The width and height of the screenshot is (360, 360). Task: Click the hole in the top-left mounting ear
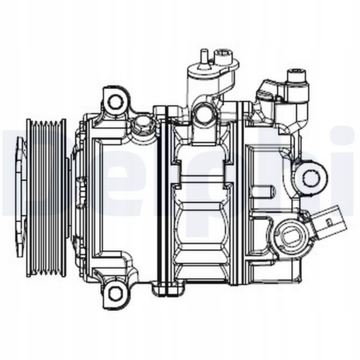tap(114, 100)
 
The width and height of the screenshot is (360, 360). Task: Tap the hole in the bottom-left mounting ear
tap(115, 294)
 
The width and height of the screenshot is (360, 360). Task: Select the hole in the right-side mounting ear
tap(311, 178)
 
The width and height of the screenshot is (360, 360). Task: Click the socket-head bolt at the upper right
tap(298, 79)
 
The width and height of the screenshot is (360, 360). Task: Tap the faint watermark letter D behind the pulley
tap(12, 177)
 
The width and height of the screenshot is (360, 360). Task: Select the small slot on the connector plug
tap(331, 216)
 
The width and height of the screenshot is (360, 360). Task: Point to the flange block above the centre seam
tap(161, 112)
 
